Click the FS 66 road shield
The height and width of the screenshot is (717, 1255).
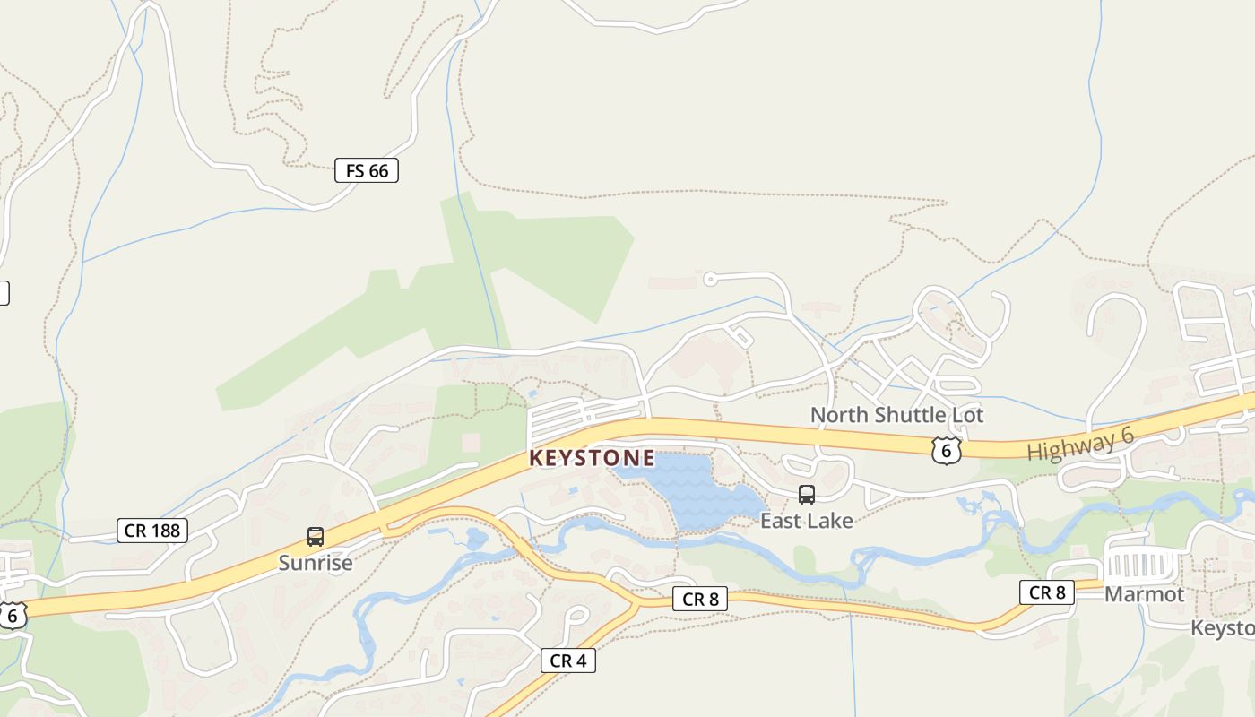pos(366,170)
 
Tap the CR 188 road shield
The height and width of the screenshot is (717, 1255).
pos(152,531)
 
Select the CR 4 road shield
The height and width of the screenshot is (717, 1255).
pos(567,661)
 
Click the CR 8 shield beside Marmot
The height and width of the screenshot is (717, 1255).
pos(1046,592)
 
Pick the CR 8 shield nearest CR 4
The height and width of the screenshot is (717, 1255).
pos(700,600)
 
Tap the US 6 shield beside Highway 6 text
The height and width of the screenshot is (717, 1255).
pos(946,450)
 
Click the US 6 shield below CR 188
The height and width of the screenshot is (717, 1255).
pos(12,616)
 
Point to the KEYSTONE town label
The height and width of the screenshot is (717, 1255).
pos(592,458)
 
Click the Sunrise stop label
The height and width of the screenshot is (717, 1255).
pos(316,563)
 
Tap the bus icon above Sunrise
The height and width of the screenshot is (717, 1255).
pos(316,537)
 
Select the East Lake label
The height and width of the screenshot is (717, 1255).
pos(807,520)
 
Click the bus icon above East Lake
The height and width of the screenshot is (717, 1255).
pos(807,495)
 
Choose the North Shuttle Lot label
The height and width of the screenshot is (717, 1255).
pos(896,415)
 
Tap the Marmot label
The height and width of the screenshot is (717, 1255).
pos(1144,594)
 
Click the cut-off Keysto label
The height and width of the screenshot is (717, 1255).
pos(1223,627)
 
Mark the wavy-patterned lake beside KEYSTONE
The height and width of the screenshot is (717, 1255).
pos(690,488)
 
